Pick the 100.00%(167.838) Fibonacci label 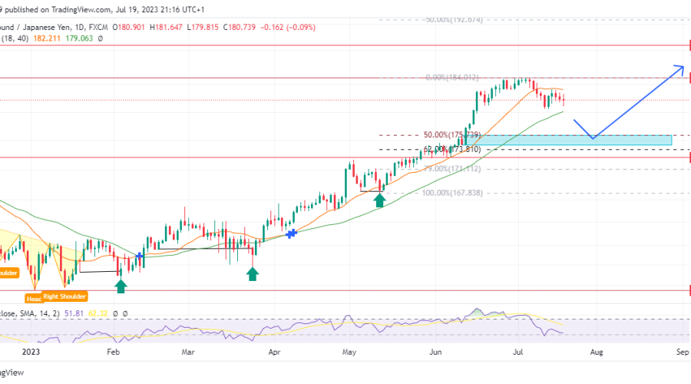(452, 193)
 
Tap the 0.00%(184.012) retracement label (452, 78)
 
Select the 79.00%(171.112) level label (452, 168)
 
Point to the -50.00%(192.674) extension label (453, 19)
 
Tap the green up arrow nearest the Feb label (121, 286)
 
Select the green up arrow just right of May (379, 200)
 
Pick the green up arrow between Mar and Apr (253, 273)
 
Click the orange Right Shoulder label (65, 296)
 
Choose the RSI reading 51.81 (73, 314)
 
